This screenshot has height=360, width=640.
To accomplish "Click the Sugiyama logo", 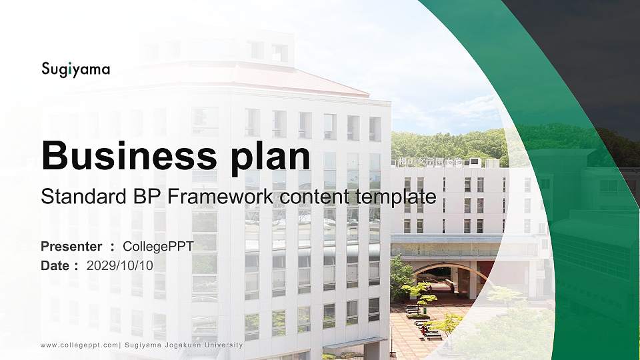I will pos(75,69).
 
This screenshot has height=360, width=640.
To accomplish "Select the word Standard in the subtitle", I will pos(80,197).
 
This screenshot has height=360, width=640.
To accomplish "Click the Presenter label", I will pos(71,247).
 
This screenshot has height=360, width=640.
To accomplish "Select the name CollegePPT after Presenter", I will pos(158,247).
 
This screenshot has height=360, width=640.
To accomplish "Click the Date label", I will pos(55,265).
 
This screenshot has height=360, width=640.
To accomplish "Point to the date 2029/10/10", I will pos(120,265).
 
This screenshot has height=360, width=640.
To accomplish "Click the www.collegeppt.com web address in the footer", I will pos(79,345).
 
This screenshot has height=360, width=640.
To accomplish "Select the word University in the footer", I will pos(221,345).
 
